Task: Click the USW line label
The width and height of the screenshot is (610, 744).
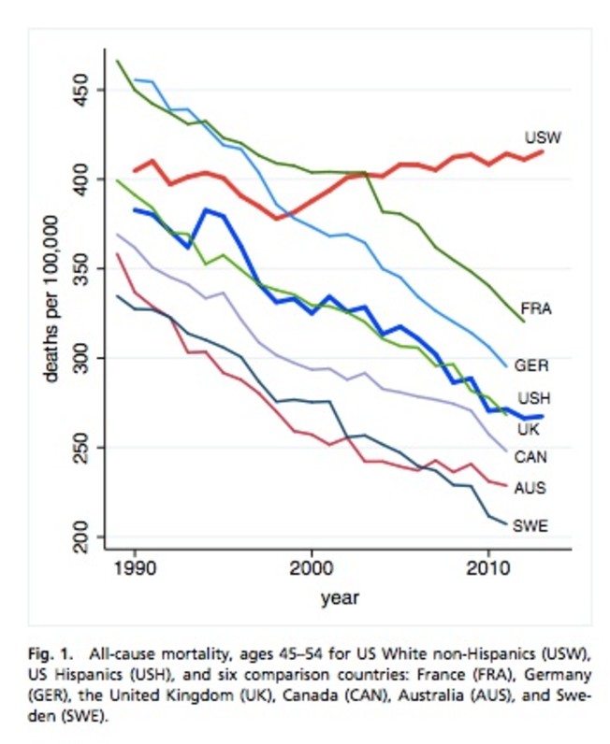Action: coord(542,136)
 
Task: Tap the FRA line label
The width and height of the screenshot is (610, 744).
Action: coord(535,308)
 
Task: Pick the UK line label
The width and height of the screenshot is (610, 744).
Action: coord(528,429)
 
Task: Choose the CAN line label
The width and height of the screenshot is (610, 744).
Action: coord(531,457)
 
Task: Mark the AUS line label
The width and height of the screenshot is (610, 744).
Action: coord(530,487)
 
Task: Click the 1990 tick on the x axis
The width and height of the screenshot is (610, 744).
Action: coord(135,567)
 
